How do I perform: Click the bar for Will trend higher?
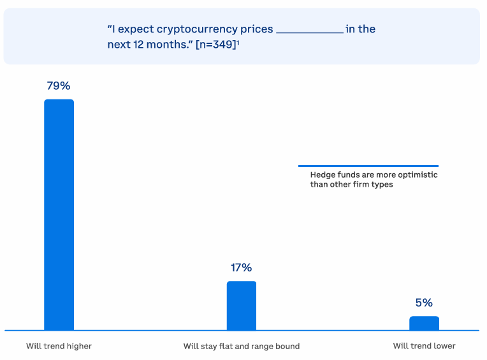click(x=59, y=215)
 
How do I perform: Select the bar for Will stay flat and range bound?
click(x=242, y=306)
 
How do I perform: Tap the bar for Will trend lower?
click(x=424, y=324)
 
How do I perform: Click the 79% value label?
click(x=59, y=85)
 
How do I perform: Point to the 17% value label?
click(x=241, y=268)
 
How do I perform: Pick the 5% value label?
click(x=424, y=303)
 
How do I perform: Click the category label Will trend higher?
click(x=59, y=346)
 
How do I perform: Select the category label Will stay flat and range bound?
click(x=242, y=346)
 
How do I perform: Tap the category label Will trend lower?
click(x=424, y=346)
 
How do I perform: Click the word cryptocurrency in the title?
click(x=197, y=29)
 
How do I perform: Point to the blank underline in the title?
click(x=310, y=32)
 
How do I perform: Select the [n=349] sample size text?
click(x=216, y=45)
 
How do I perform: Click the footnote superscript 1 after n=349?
click(x=238, y=42)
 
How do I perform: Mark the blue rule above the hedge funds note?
click(x=368, y=166)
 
